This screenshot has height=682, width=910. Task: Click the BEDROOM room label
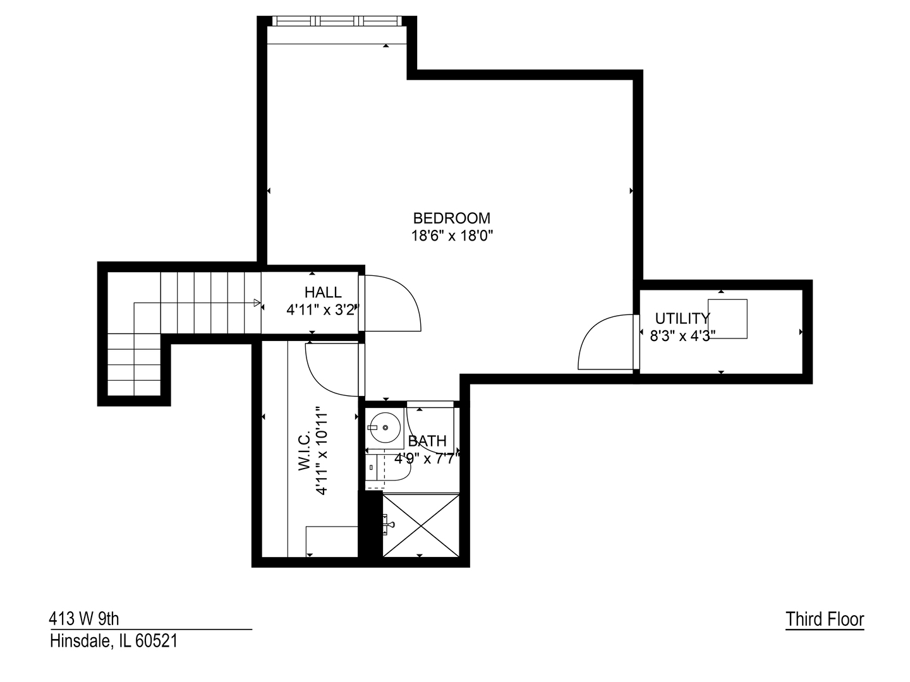pyautogui.click(x=451, y=218)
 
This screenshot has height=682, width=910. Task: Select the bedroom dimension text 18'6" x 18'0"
pyautogui.click(x=451, y=236)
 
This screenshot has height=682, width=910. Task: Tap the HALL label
pyautogui.click(x=323, y=292)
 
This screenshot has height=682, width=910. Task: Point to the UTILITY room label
pyautogui.click(x=682, y=318)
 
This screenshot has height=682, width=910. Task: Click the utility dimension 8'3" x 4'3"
pyautogui.click(x=682, y=336)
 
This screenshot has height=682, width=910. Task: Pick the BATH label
pyautogui.click(x=427, y=441)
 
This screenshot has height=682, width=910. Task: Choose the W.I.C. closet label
pyautogui.click(x=304, y=451)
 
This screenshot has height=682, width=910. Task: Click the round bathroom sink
pyautogui.click(x=385, y=428)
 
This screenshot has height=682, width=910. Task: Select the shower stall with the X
pyautogui.click(x=421, y=525)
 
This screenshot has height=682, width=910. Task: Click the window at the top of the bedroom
pyautogui.click(x=337, y=21)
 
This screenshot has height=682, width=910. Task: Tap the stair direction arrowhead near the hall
pyautogui.click(x=257, y=303)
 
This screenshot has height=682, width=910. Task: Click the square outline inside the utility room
pyautogui.click(x=727, y=319)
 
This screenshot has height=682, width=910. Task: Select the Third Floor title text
pyautogui.click(x=824, y=619)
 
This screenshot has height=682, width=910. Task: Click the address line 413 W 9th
pyautogui.click(x=84, y=618)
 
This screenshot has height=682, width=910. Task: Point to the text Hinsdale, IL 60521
pyautogui.click(x=114, y=641)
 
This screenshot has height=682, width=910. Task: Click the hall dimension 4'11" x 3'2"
pyautogui.click(x=323, y=310)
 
